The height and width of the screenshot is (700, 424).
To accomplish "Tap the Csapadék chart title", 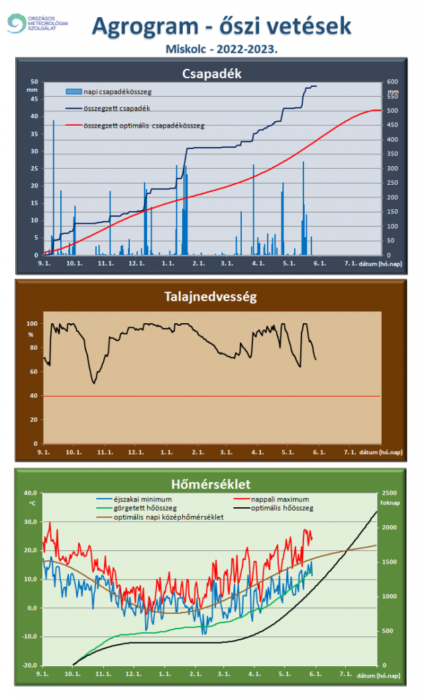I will pos(211,74).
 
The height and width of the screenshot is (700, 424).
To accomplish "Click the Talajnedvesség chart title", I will pos(211,296).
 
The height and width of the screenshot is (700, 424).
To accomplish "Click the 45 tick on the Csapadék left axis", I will pos(34,99).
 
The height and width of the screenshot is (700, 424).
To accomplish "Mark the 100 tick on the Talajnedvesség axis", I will pos(31,324).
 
